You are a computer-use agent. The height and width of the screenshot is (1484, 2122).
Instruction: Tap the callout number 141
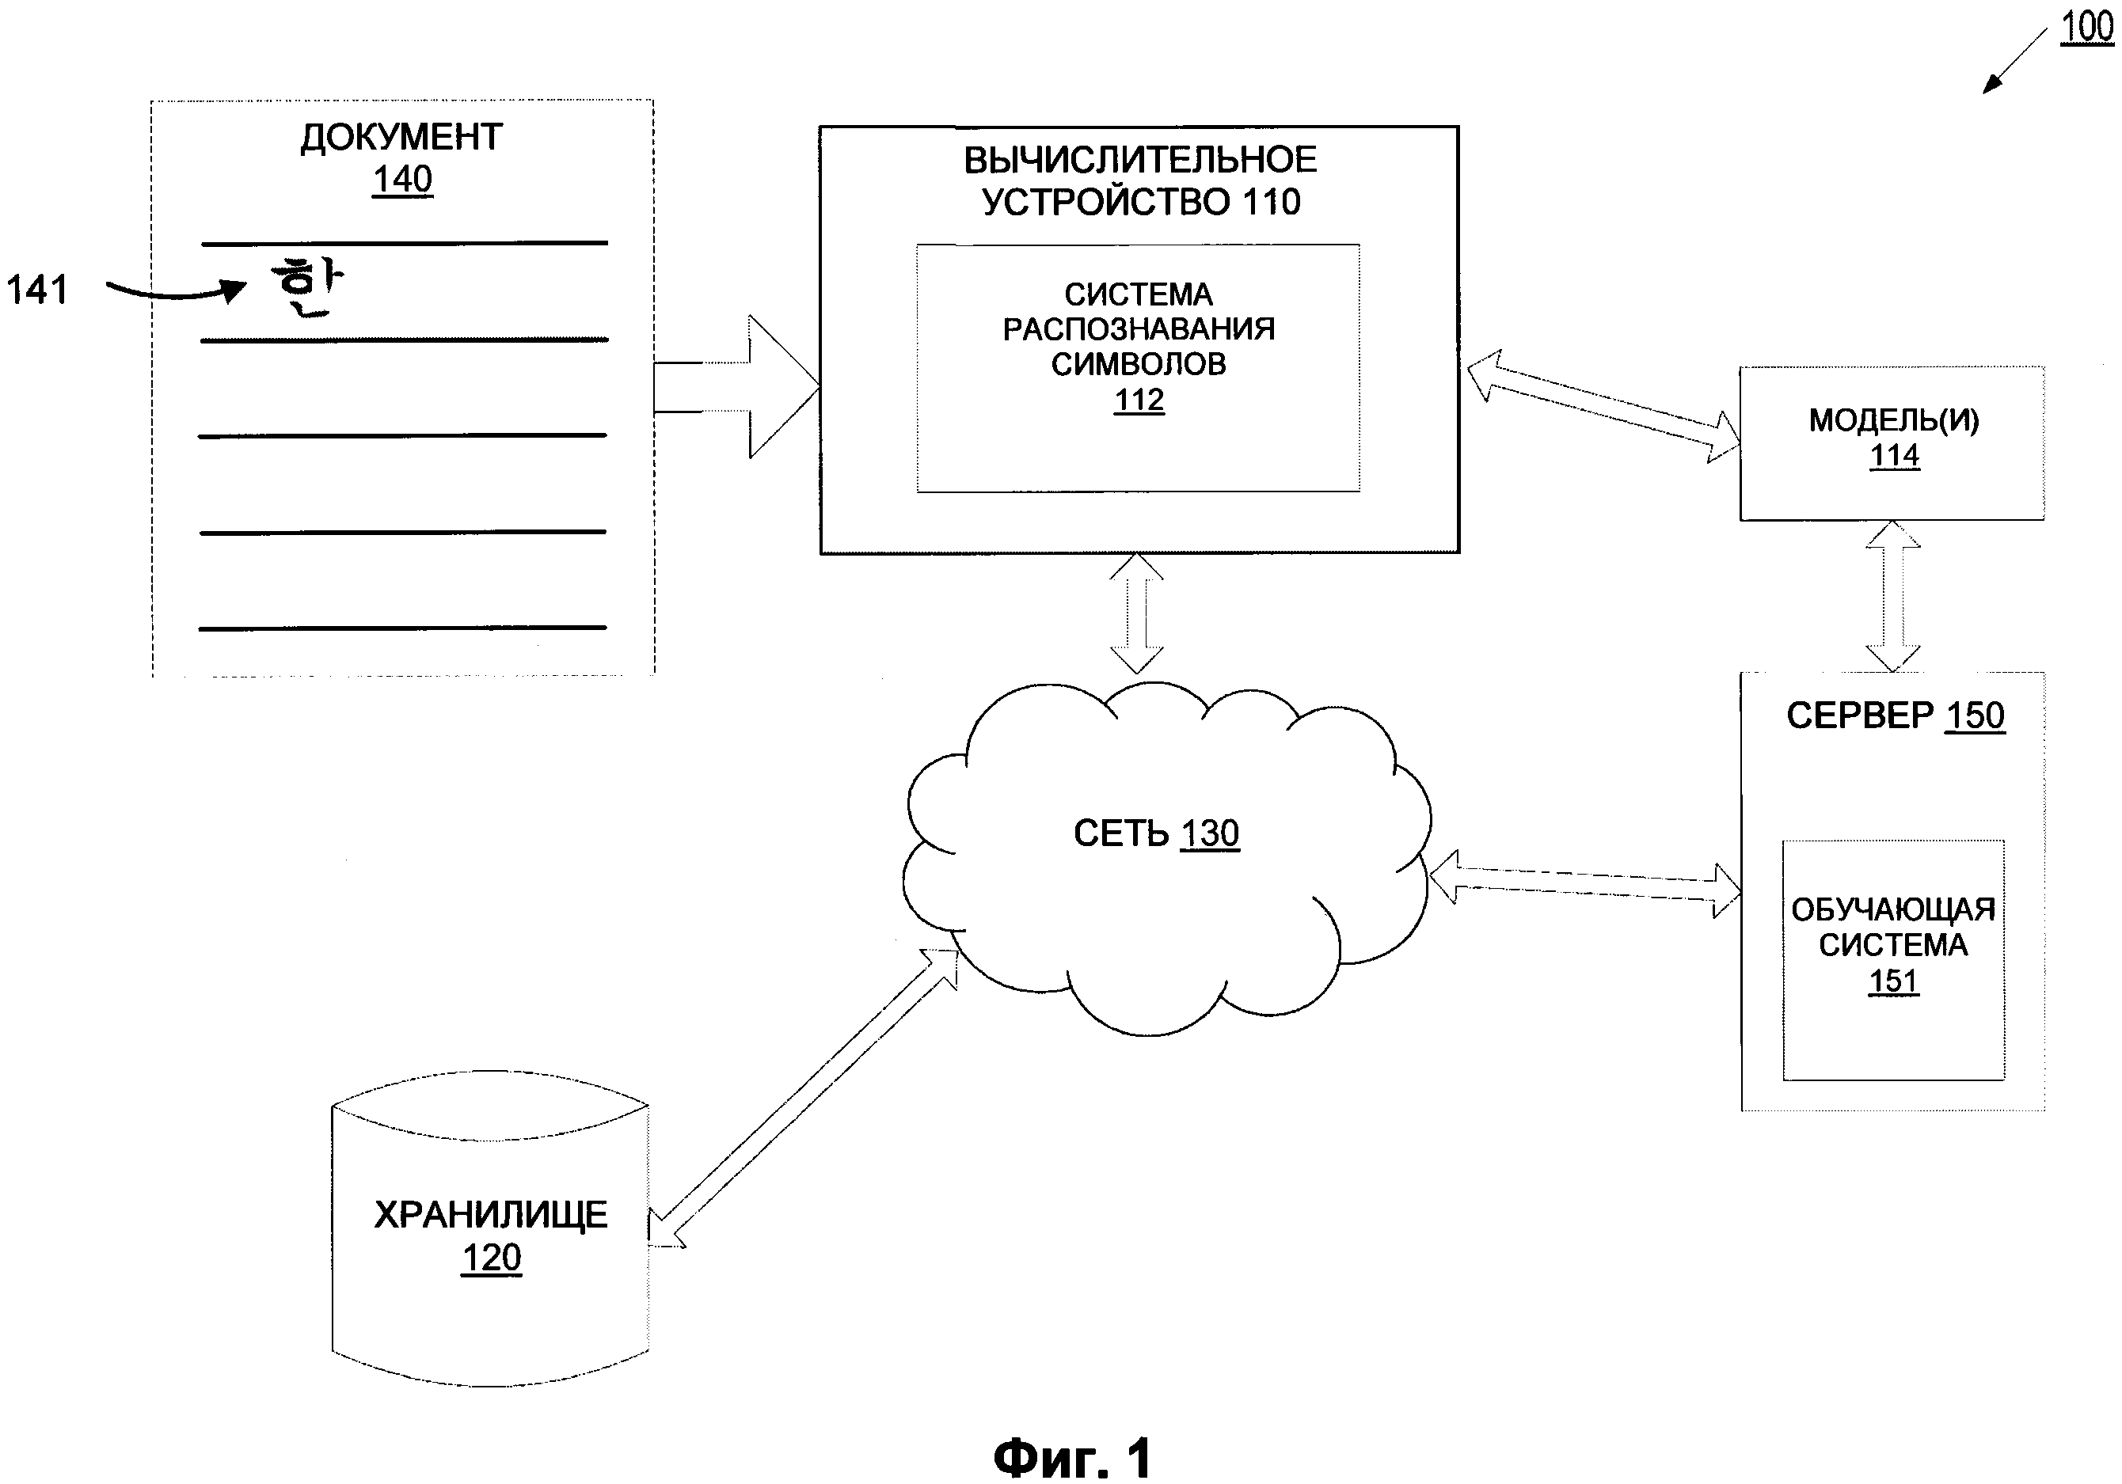click(37, 290)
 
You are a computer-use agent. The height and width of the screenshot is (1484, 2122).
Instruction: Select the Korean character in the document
click(306, 287)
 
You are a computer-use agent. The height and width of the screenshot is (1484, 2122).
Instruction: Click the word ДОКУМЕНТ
click(401, 137)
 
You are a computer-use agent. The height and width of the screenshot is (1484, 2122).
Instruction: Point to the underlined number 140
click(402, 179)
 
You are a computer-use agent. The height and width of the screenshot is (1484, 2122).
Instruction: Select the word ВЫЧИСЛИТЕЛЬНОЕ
click(1139, 161)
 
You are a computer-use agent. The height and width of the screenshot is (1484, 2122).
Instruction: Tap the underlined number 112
click(1139, 400)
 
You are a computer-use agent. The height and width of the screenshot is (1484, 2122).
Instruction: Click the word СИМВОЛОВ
click(1139, 364)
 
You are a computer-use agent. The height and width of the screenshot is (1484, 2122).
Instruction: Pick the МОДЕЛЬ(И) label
click(1894, 420)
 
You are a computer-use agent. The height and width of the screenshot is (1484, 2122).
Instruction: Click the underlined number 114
click(1894, 456)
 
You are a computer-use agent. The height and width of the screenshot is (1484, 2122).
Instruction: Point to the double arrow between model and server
click(1893, 596)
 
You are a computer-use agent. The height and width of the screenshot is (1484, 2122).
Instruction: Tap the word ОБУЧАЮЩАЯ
click(1893, 910)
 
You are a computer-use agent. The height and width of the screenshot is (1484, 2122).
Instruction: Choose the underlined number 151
click(1893, 981)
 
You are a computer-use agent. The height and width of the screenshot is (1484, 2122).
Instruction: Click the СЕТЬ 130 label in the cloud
click(1155, 833)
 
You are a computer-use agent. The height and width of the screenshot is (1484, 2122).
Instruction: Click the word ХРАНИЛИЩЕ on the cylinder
click(491, 1214)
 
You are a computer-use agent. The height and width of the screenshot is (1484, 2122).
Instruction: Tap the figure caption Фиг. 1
click(1072, 1458)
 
